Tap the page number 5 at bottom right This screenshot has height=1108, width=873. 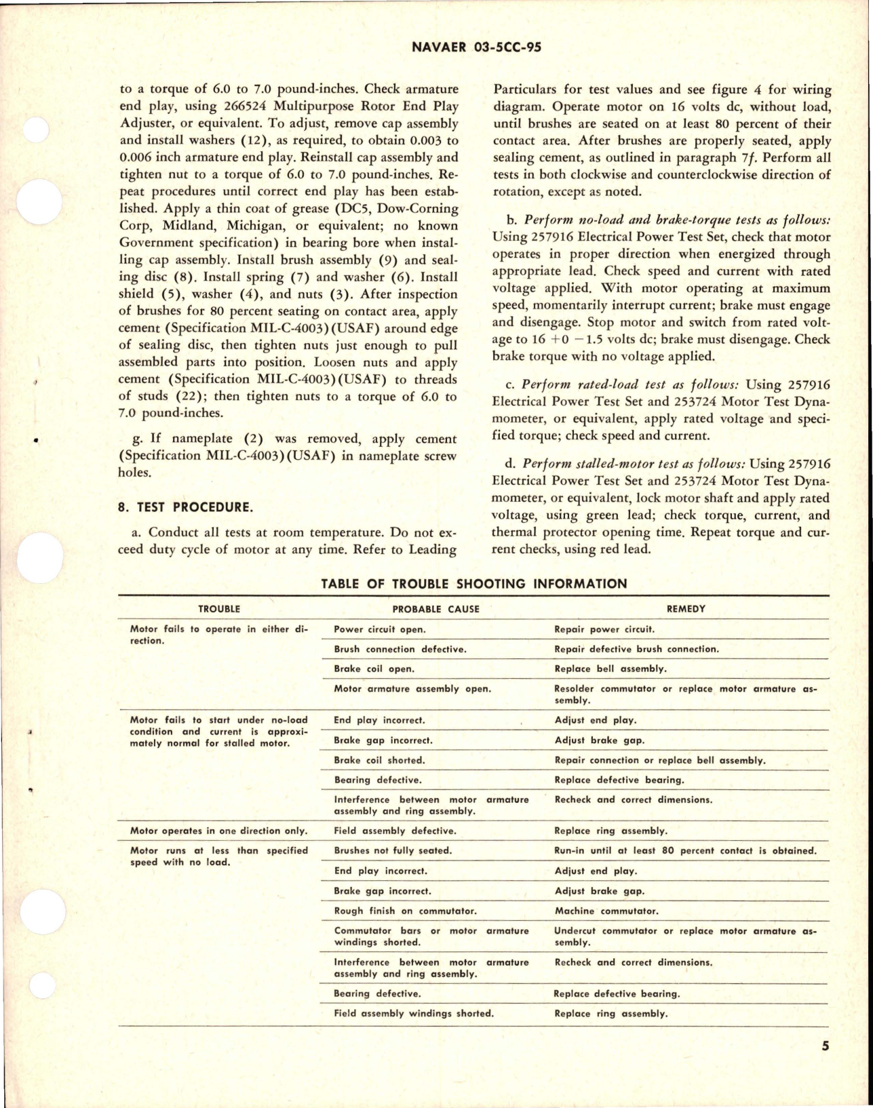pyautogui.click(x=825, y=1065)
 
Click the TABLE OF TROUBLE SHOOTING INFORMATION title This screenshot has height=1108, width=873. pyautogui.click(x=473, y=583)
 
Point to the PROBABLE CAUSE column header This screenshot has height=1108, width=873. pyautogui.click(x=435, y=609)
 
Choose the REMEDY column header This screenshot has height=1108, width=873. pyautogui.click(x=686, y=609)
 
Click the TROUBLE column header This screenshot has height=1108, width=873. pyautogui.click(x=218, y=609)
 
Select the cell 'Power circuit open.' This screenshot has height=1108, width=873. pyautogui.click(x=379, y=629)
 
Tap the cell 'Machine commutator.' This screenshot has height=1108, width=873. pyautogui.click(x=606, y=911)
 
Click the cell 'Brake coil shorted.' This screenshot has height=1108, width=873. pyautogui.click(x=379, y=760)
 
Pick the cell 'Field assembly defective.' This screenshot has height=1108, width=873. pyautogui.click(x=395, y=831)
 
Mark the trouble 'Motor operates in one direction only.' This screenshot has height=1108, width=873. pyautogui.click(x=218, y=831)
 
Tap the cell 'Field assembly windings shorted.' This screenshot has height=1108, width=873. pyautogui.click(x=414, y=1014)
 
